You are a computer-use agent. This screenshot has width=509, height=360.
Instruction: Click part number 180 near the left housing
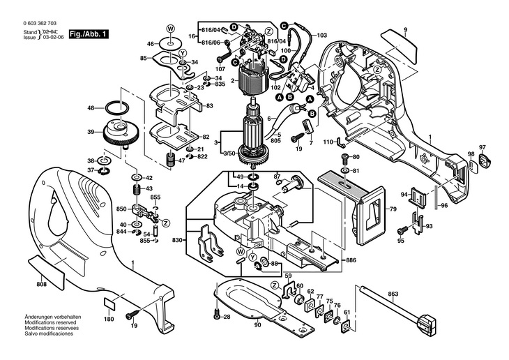coord(109,320)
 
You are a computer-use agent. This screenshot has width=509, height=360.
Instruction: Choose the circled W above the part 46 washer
coord(169,28)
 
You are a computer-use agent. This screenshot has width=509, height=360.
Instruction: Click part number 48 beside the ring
coord(91,108)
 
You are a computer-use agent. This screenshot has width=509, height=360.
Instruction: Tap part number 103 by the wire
coord(321,35)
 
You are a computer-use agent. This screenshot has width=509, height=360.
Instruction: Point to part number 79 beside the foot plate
coord(393,209)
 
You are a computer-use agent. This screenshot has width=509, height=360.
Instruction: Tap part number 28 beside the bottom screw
coord(227,317)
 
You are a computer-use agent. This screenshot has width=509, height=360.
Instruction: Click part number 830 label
coord(177,240)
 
